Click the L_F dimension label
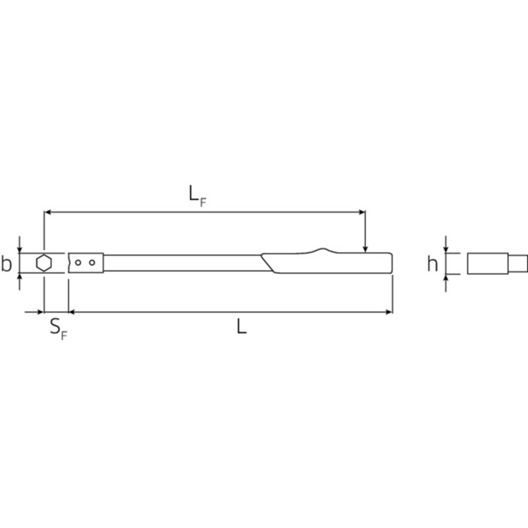(197, 196)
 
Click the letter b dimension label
(6, 264)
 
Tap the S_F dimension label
(59, 329)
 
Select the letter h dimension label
(433, 264)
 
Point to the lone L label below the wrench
(242, 326)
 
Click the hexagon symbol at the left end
(44, 263)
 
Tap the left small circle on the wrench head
(78, 263)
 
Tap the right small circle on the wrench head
(92, 263)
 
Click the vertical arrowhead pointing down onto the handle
(365, 249)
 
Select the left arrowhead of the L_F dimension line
(48, 212)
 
